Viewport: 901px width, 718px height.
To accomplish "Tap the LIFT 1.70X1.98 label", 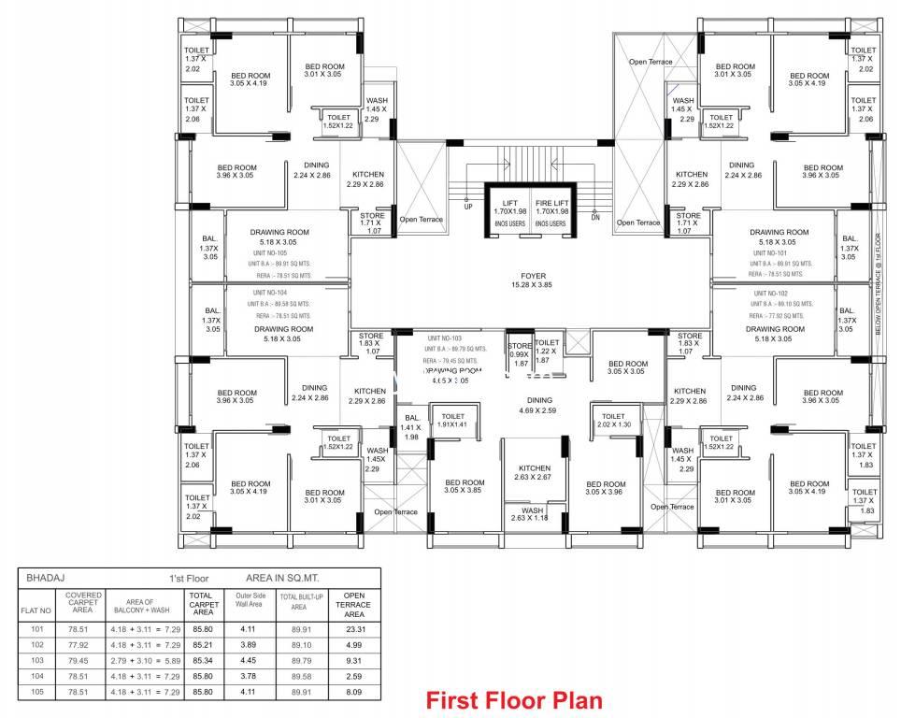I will tap(509, 208).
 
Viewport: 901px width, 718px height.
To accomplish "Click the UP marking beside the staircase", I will tap(468, 208).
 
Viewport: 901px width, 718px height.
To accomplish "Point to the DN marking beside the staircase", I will tap(594, 217).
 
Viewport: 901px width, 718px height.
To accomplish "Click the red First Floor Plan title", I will tap(513, 699).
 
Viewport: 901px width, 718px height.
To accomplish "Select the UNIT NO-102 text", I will tap(771, 293).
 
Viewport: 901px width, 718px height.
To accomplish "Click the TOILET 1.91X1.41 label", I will tap(452, 421).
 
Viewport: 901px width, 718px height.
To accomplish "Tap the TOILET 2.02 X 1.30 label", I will tap(613, 421).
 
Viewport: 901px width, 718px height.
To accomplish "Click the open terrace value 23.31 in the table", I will tap(354, 629).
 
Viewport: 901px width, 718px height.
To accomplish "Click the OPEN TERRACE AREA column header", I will tap(354, 604).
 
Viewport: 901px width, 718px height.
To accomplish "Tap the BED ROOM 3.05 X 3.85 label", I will tap(464, 486).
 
